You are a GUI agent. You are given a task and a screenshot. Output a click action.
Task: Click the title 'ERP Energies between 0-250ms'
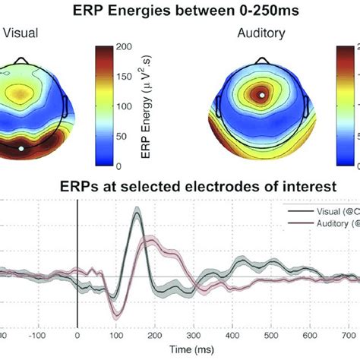pos(180,11)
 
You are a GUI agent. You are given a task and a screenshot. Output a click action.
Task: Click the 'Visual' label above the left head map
pos(24,33)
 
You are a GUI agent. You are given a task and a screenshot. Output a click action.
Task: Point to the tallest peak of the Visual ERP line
pos(137,214)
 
